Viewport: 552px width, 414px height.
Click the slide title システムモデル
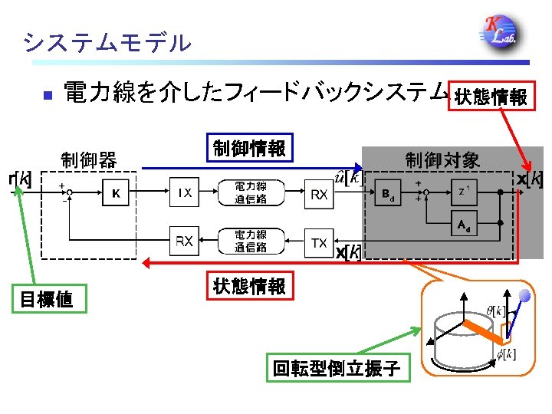point(107,41)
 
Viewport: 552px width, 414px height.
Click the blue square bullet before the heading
point(46,96)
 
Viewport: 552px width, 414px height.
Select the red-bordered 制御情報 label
point(249,148)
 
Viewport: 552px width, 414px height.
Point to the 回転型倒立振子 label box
point(337,369)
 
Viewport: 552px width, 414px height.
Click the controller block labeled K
point(116,193)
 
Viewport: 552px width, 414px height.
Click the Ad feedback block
point(463,225)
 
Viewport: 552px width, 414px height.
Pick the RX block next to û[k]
point(320,194)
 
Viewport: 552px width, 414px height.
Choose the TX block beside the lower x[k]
point(319,242)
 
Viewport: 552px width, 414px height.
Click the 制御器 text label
point(88,160)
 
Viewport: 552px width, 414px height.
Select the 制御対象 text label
point(442,160)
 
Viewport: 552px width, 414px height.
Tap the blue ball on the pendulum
point(524,295)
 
